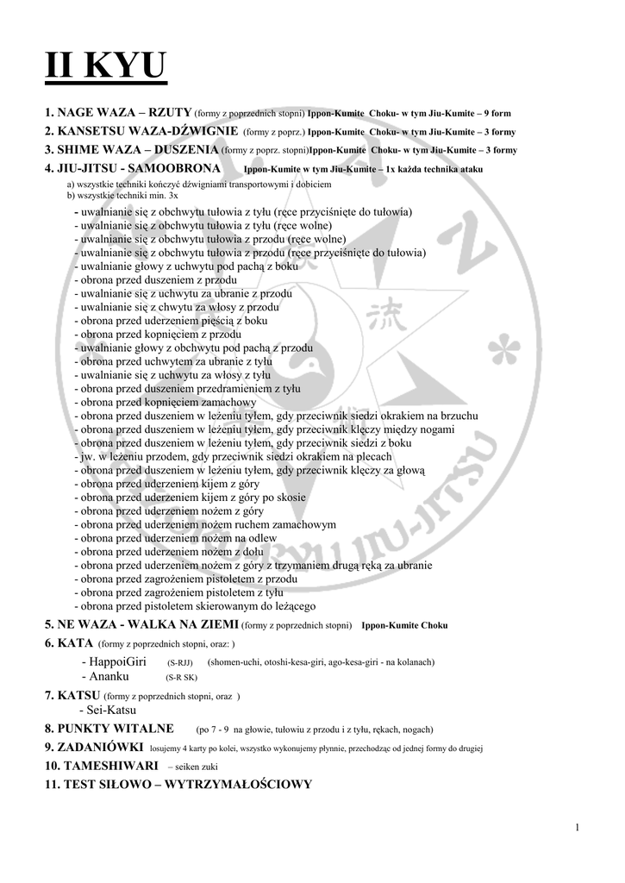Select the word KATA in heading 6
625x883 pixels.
click(75, 643)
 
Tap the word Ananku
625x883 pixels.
click(109, 677)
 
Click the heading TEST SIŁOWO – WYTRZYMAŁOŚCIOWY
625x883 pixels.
click(178, 784)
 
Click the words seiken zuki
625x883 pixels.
click(209, 766)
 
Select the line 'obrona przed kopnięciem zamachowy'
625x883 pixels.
click(166, 402)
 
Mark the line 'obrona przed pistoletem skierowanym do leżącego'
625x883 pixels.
click(198, 607)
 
